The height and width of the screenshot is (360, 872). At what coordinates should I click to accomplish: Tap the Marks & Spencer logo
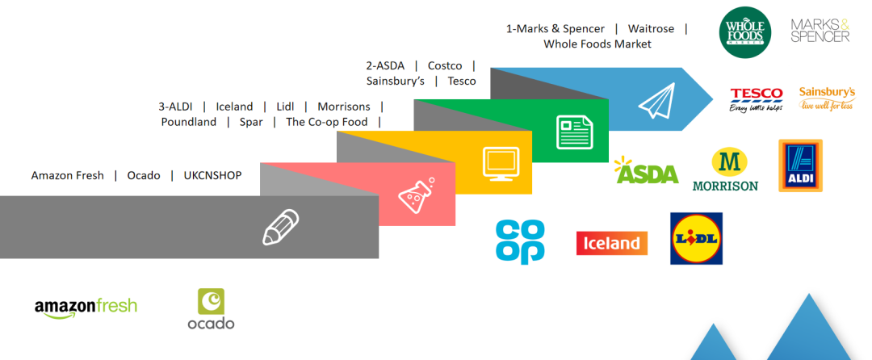(x=820, y=31)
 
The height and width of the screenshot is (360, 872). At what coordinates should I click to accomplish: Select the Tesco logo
(x=756, y=98)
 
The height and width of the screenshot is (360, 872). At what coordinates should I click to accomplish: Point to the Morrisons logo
(x=726, y=170)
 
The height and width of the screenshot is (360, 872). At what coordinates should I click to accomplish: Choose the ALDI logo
(x=800, y=165)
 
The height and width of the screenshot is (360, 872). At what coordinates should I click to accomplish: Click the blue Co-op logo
(x=520, y=241)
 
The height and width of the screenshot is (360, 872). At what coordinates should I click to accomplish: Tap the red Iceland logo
(x=611, y=243)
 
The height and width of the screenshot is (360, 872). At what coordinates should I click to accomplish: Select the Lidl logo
(x=696, y=238)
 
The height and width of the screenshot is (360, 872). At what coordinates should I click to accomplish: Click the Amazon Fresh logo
(x=86, y=307)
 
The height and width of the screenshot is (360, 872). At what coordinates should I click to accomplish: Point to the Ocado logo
(x=211, y=309)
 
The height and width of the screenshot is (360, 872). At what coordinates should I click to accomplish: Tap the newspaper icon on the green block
(x=574, y=131)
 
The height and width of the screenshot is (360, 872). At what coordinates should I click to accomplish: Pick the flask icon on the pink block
(x=416, y=195)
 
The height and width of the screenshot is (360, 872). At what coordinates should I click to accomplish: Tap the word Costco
(x=445, y=65)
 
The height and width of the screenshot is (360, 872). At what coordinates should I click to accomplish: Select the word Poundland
(x=189, y=122)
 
